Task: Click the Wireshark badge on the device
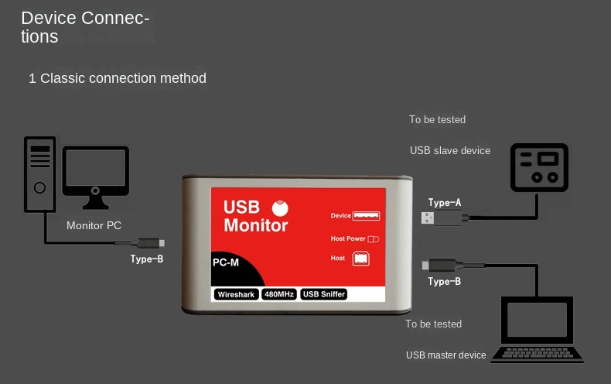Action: [x=236, y=294]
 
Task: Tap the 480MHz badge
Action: [x=279, y=294]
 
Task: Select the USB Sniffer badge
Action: [x=324, y=294]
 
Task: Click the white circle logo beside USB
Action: [x=280, y=208]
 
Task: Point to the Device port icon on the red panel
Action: [x=366, y=216]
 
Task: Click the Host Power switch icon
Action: [x=373, y=238]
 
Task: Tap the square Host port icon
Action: [x=361, y=259]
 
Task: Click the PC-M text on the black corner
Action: [x=226, y=262]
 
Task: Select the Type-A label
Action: [x=445, y=202]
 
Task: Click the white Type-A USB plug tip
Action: [x=428, y=218]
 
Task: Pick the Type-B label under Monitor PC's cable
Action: [x=147, y=259]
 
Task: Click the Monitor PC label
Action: [x=94, y=225]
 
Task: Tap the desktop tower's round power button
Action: [x=39, y=187]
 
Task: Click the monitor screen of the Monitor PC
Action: [x=95, y=168]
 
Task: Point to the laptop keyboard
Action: [x=538, y=353]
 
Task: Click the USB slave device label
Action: [x=450, y=151]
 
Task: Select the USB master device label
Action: [x=445, y=355]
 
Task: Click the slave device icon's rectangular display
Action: [x=548, y=159]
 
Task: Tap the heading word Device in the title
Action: [x=49, y=18]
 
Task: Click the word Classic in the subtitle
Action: [x=63, y=78]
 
